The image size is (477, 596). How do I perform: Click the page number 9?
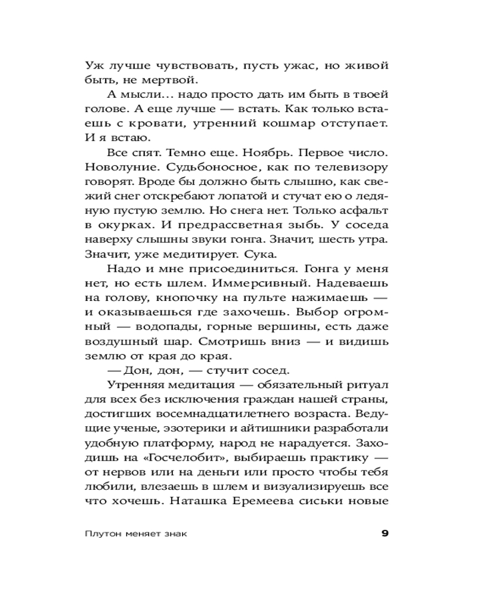385,533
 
